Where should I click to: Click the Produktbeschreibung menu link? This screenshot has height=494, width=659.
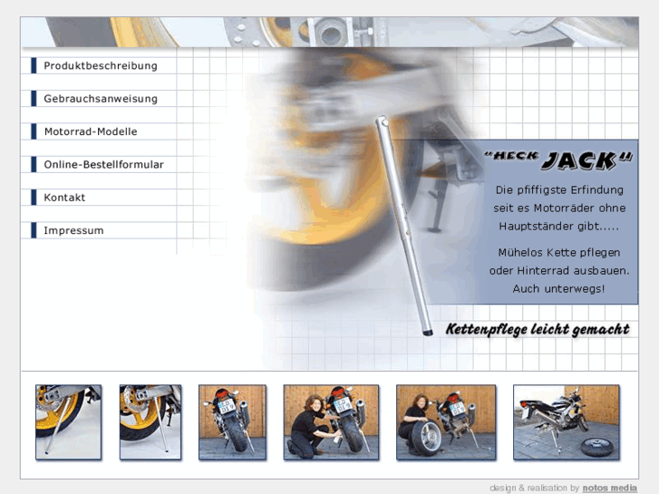click(101, 66)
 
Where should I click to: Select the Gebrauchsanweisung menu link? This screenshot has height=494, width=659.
click(101, 99)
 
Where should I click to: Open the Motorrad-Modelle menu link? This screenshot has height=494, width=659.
click(91, 131)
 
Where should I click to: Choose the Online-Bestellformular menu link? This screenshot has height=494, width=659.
click(103, 164)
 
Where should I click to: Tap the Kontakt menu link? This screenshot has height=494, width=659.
click(64, 198)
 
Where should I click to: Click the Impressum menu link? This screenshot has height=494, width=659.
click(73, 230)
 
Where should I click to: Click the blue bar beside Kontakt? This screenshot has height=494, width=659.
click(34, 198)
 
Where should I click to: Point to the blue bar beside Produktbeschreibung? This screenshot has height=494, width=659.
click(34, 65)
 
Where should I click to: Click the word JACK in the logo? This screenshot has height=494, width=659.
click(579, 160)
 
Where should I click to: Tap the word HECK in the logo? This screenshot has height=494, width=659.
click(516, 156)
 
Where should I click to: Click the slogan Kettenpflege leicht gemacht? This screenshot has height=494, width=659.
click(538, 329)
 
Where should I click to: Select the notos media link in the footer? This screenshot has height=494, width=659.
click(609, 488)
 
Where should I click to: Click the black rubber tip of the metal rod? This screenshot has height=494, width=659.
click(427, 333)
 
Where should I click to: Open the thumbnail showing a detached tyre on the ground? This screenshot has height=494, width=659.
click(567, 422)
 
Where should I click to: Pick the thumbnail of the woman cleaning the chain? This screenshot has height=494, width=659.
click(331, 422)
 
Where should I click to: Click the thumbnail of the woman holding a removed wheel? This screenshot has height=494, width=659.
click(446, 422)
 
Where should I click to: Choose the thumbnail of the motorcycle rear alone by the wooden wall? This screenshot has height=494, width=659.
click(232, 422)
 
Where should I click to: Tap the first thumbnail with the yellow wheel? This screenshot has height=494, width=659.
click(69, 422)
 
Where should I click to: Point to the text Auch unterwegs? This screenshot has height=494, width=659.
click(558, 289)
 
